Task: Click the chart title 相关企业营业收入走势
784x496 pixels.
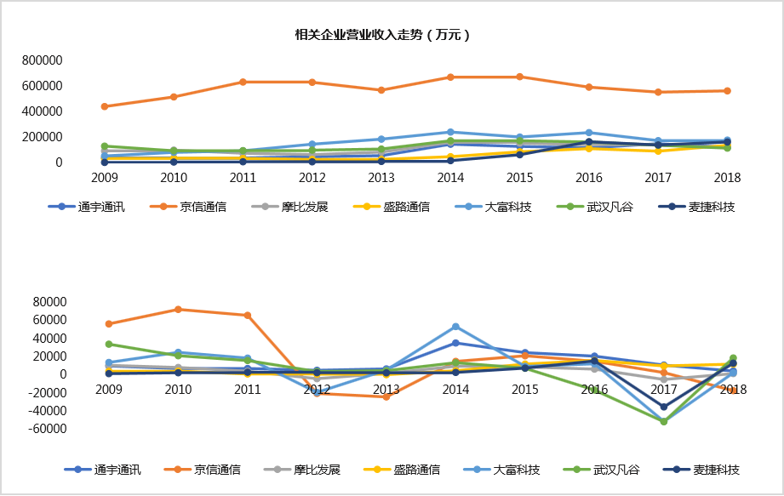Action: (x=382, y=36)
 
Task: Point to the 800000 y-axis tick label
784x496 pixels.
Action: (x=43, y=61)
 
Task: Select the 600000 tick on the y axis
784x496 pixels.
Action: (x=43, y=86)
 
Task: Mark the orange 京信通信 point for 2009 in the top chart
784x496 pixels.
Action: (x=105, y=106)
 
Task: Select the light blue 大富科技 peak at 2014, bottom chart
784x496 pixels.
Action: (x=455, y=327)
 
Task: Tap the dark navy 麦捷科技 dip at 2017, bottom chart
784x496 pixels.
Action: (x=663, y=407)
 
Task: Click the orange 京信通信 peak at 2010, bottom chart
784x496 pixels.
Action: (x=178, y=309)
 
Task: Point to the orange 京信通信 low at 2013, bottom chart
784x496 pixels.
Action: (x=386, y=396)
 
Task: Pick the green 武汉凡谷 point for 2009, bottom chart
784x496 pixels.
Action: (x=108, y=344)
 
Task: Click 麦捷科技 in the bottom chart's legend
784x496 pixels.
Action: (x=716, y=470)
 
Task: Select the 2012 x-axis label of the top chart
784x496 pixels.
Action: (x=312, y=178)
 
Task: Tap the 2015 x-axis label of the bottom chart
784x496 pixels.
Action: (x=524, y=389)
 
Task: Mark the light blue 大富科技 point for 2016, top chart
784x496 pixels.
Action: (x=589, y=133)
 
